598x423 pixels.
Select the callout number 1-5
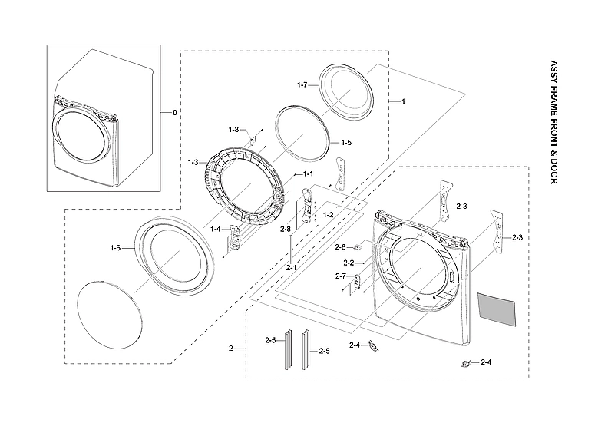[x=346, y=143]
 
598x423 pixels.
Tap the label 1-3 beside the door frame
[x=193, y=162]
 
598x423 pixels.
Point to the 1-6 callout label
[x=115, y=247]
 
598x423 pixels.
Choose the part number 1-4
[x=216, y=229]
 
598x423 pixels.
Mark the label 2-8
[x=286, y=230]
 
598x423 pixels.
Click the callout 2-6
[x=341, y=246]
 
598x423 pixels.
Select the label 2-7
[x=341, y=276]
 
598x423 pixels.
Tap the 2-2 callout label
[x=348, y=263]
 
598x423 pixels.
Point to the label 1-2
[x=328, y=215]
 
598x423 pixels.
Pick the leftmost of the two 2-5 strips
[x=289, y=350]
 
